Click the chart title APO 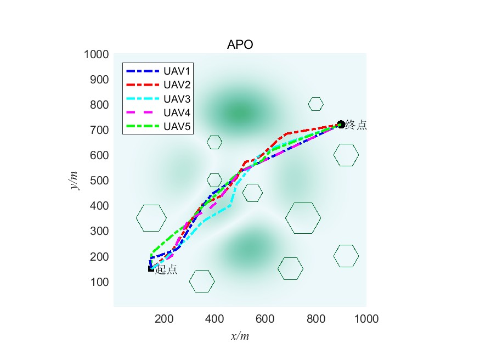[240, 45]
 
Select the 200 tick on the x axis [164, 318]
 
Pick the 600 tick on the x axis [265, 318]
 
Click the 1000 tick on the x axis [366, 318]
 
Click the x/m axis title [240, 335]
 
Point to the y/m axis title [74, 180]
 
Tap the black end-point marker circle [341, 125]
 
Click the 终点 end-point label [356, 125]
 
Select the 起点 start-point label [166, 269]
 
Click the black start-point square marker [151, 268]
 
